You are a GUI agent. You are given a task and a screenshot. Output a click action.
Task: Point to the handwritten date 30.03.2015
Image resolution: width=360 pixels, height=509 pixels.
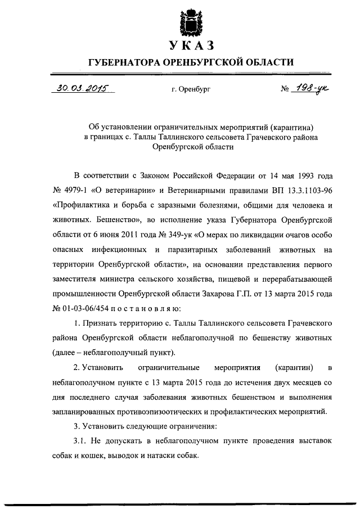click(x=82, y=88)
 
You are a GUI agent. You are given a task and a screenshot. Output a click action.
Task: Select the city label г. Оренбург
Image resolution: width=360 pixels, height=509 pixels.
click(x=191, y=89)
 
